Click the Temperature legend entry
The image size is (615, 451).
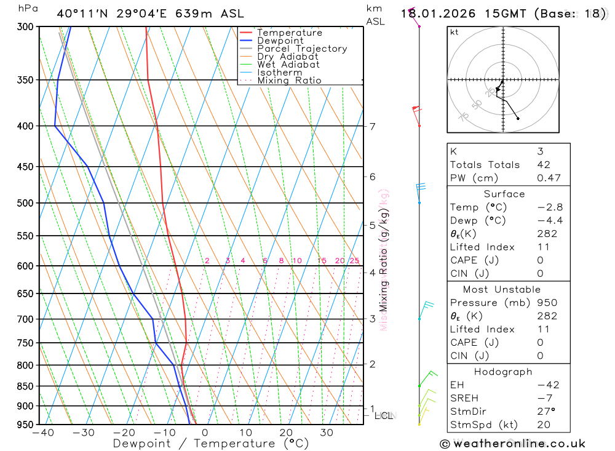point(289,33)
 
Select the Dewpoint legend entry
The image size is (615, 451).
point(280,41)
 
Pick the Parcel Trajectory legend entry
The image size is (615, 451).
point(302,49)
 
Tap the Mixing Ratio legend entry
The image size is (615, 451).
point(289,80)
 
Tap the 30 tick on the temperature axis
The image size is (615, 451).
point(327,433)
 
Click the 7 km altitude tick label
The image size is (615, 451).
point(372,127)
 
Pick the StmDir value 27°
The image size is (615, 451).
point(545,412)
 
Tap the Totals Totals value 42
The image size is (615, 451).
point(543,165)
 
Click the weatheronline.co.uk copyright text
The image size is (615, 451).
point(512,444)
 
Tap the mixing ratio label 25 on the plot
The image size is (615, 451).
point(354,261)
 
